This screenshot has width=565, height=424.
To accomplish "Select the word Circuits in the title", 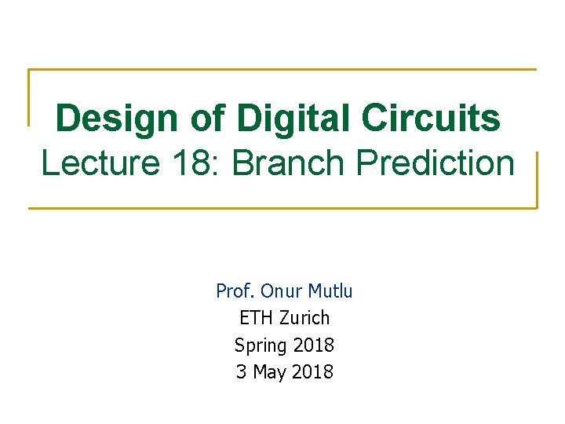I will tap(431, 118).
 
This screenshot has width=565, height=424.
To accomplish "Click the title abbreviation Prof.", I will tap(235, 291).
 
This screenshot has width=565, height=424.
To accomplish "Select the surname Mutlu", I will tap(330, 291).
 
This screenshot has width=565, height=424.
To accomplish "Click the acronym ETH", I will tap(254, 318).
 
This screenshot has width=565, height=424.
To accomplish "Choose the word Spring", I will tap(260, 345).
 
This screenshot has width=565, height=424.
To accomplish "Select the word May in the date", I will tap(269, 371).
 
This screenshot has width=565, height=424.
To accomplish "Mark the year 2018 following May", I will tap(312, 371).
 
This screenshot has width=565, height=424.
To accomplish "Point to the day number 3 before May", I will tap(241, 371).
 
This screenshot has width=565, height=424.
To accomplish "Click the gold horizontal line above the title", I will tap(282, 70).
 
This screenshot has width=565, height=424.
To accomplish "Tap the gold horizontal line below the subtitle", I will tap(282, 208).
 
